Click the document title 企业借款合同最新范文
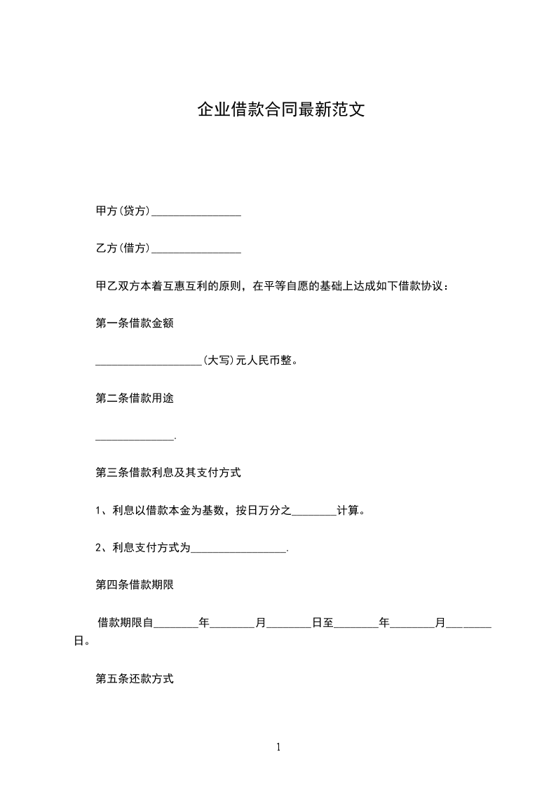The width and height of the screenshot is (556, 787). [x=280, y=111]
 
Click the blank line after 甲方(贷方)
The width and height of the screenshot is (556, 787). [x=196, y=212]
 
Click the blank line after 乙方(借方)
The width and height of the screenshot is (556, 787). [x=196, y=249]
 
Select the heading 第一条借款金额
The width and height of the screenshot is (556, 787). [x=134, y=323]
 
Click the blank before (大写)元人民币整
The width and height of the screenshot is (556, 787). [x=148, y=361]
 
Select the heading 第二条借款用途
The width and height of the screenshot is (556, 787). [x=134, y=398]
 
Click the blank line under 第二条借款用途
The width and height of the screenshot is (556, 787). [x=134, y=436]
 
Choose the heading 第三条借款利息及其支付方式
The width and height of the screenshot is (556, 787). [x=168, y=473]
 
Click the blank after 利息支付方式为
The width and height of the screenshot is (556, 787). [x=238, y=549]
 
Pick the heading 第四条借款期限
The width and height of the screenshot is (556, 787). [x=134, y=585]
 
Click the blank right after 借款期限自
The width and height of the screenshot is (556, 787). [x=175, y=623]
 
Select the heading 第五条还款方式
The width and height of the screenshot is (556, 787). [x=134, y=679]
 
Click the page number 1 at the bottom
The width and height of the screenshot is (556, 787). [x=278, y=748]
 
